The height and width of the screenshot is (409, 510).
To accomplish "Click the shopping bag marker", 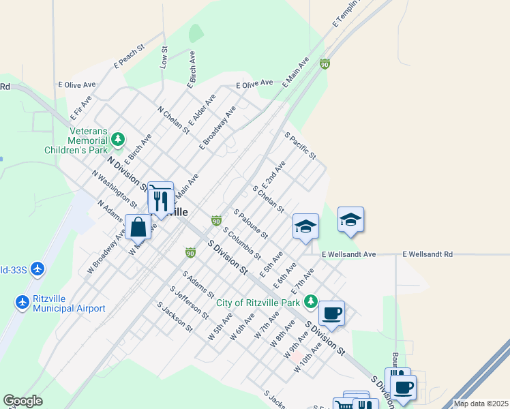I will tap(138, 226).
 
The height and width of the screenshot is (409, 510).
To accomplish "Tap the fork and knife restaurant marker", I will tap(161, 200).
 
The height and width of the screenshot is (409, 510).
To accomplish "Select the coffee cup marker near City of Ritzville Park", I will tap(331, 313).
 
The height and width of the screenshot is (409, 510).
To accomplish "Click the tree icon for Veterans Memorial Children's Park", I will tap(119, 140).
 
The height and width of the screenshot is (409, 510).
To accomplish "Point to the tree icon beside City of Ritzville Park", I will tap(311, 301).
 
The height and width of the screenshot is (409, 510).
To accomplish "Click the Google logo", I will tap(22, 401).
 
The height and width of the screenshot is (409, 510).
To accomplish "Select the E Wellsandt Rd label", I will tap(427, 254).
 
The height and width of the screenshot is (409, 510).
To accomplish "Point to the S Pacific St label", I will tap(301, 146).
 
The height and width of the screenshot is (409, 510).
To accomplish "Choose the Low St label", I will tap(164, 57).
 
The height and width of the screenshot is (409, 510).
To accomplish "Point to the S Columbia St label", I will tap(241, 243).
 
